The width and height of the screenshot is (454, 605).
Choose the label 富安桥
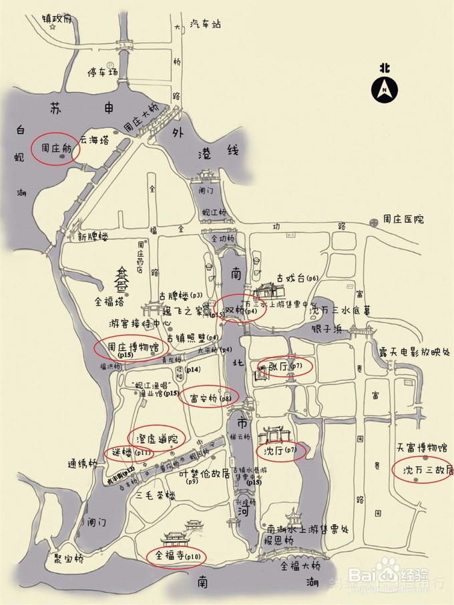[204, 398]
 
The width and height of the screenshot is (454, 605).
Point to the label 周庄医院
[403, 219]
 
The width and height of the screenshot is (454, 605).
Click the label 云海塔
[93, 140]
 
